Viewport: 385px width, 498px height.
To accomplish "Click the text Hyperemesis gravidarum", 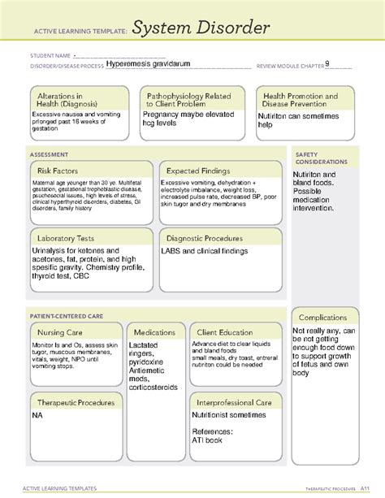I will (152, 66).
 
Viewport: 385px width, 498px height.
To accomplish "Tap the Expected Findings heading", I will (197, 171).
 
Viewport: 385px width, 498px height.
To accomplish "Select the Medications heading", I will (154, 333).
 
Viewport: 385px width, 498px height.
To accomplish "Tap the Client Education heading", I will (223, 333).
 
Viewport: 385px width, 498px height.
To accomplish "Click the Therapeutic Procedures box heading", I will (75, 403).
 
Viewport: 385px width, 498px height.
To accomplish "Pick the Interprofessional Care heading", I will (231, 403).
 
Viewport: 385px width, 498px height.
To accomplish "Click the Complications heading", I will (324, 318).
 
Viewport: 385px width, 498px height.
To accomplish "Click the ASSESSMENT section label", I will (49, 153).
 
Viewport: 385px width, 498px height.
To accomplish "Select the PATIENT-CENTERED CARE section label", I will (67, 313).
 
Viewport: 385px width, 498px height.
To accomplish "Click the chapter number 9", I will (327, 65).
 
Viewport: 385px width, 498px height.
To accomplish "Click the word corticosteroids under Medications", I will (154, 388).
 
